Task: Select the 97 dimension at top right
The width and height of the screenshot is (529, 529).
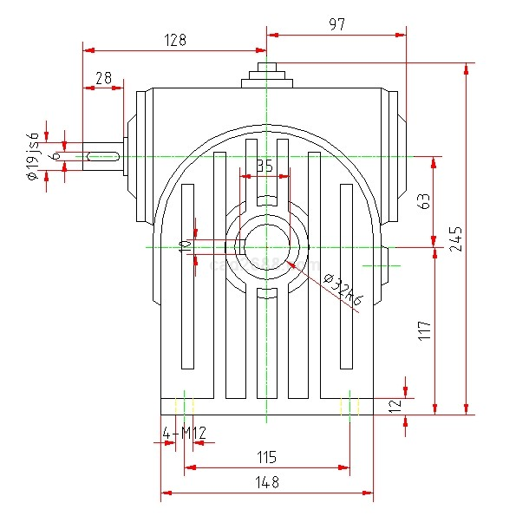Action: click(336, 25)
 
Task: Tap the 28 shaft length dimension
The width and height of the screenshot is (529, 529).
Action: click(104, 79)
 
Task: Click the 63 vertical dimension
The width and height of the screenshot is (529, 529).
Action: click(424, 201)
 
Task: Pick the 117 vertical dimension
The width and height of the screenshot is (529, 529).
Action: click(424, 330)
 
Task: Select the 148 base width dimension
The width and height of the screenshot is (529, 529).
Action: click(266, 482)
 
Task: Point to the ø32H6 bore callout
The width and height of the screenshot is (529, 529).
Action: click(343, 289)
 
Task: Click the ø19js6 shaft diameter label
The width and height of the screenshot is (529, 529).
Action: click(34, 156)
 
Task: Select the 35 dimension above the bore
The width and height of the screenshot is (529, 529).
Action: click(264, 166)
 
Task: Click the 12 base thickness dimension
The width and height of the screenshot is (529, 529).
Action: click(395, 406)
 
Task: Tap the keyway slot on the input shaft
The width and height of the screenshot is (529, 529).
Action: click(103, 155)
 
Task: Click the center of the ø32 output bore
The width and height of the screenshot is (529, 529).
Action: click(266, 247)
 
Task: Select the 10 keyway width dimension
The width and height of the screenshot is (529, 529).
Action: click(184, 246)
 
